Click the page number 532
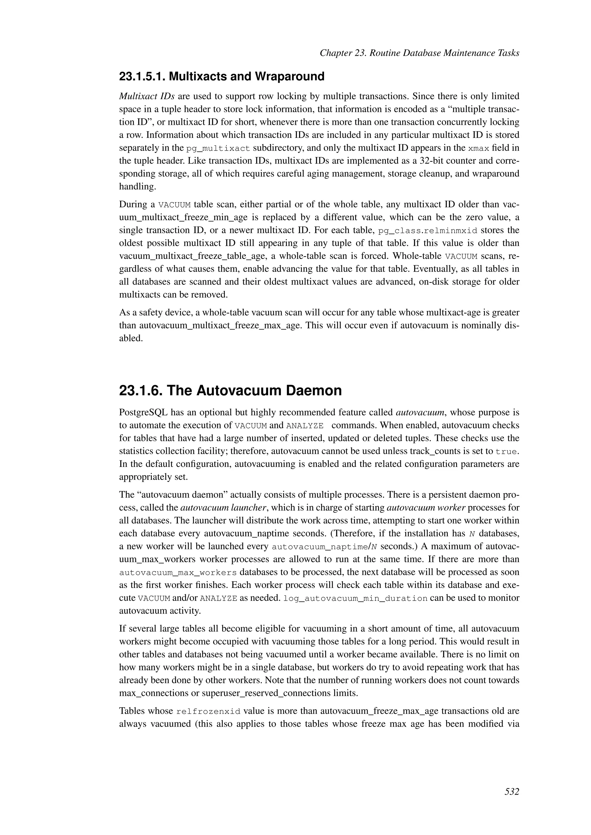click(x=511, y=791)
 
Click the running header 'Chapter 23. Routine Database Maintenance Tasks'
click(x=419, y=53)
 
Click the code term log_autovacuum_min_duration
click(x=355, y=599)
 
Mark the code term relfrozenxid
click(x=208, y=711)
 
